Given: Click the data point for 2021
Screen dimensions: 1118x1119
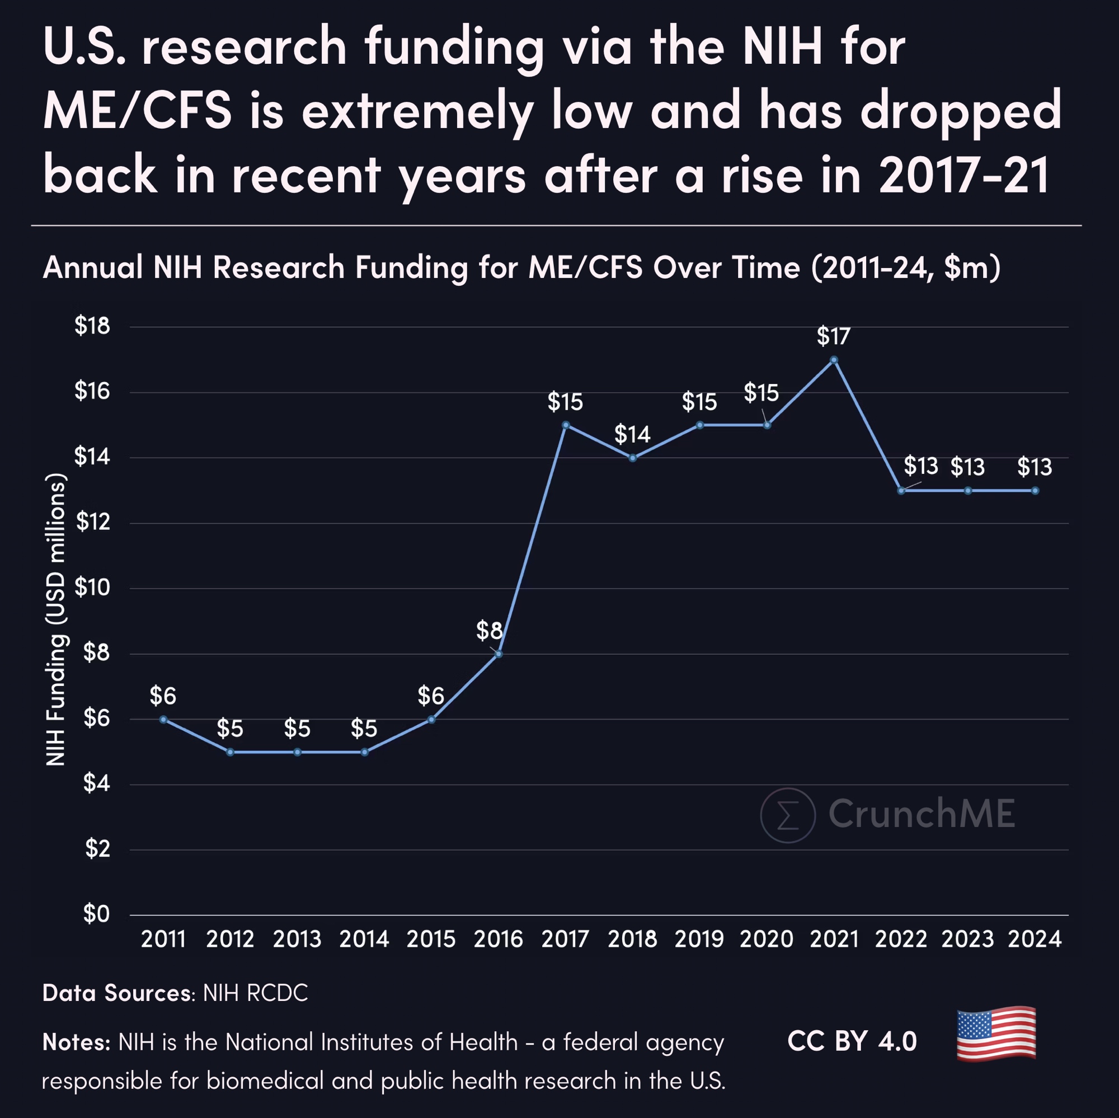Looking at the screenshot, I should (x=834, y=360).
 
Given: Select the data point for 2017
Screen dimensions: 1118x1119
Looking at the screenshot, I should (x=566, y=425).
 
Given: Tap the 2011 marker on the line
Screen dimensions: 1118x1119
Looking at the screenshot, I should (x=163, y=720).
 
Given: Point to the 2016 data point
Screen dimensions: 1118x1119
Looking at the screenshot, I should (x=499, y=654).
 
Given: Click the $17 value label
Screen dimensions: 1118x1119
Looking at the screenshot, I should (x=834, y=336).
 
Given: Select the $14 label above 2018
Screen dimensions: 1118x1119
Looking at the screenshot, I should (x=632, y=434).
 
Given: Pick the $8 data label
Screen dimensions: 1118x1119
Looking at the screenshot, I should (x=489, y=630).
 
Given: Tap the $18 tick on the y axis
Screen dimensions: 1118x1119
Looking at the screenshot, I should (x=92, y=326).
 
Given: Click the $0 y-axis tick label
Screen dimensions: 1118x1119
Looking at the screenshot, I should (x=96, y=914).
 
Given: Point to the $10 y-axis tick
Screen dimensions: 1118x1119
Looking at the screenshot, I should (x=92, y=588).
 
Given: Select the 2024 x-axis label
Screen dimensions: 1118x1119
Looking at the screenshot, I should (x=1035, y=940).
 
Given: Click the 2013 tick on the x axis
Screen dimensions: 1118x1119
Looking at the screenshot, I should (x=297, y=940).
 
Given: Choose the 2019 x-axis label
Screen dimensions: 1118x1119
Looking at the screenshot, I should (x=699, y=940).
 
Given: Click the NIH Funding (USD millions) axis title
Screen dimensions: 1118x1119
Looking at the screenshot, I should (x=56, y=620).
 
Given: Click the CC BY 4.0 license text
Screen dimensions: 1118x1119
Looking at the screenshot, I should (x=852, y=1041).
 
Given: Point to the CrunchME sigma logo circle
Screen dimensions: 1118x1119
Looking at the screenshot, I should (x=788, y=815).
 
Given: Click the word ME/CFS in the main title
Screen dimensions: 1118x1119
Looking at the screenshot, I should (x=137, y=110).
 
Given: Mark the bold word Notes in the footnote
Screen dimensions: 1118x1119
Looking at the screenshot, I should (x=76, y=1042).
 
